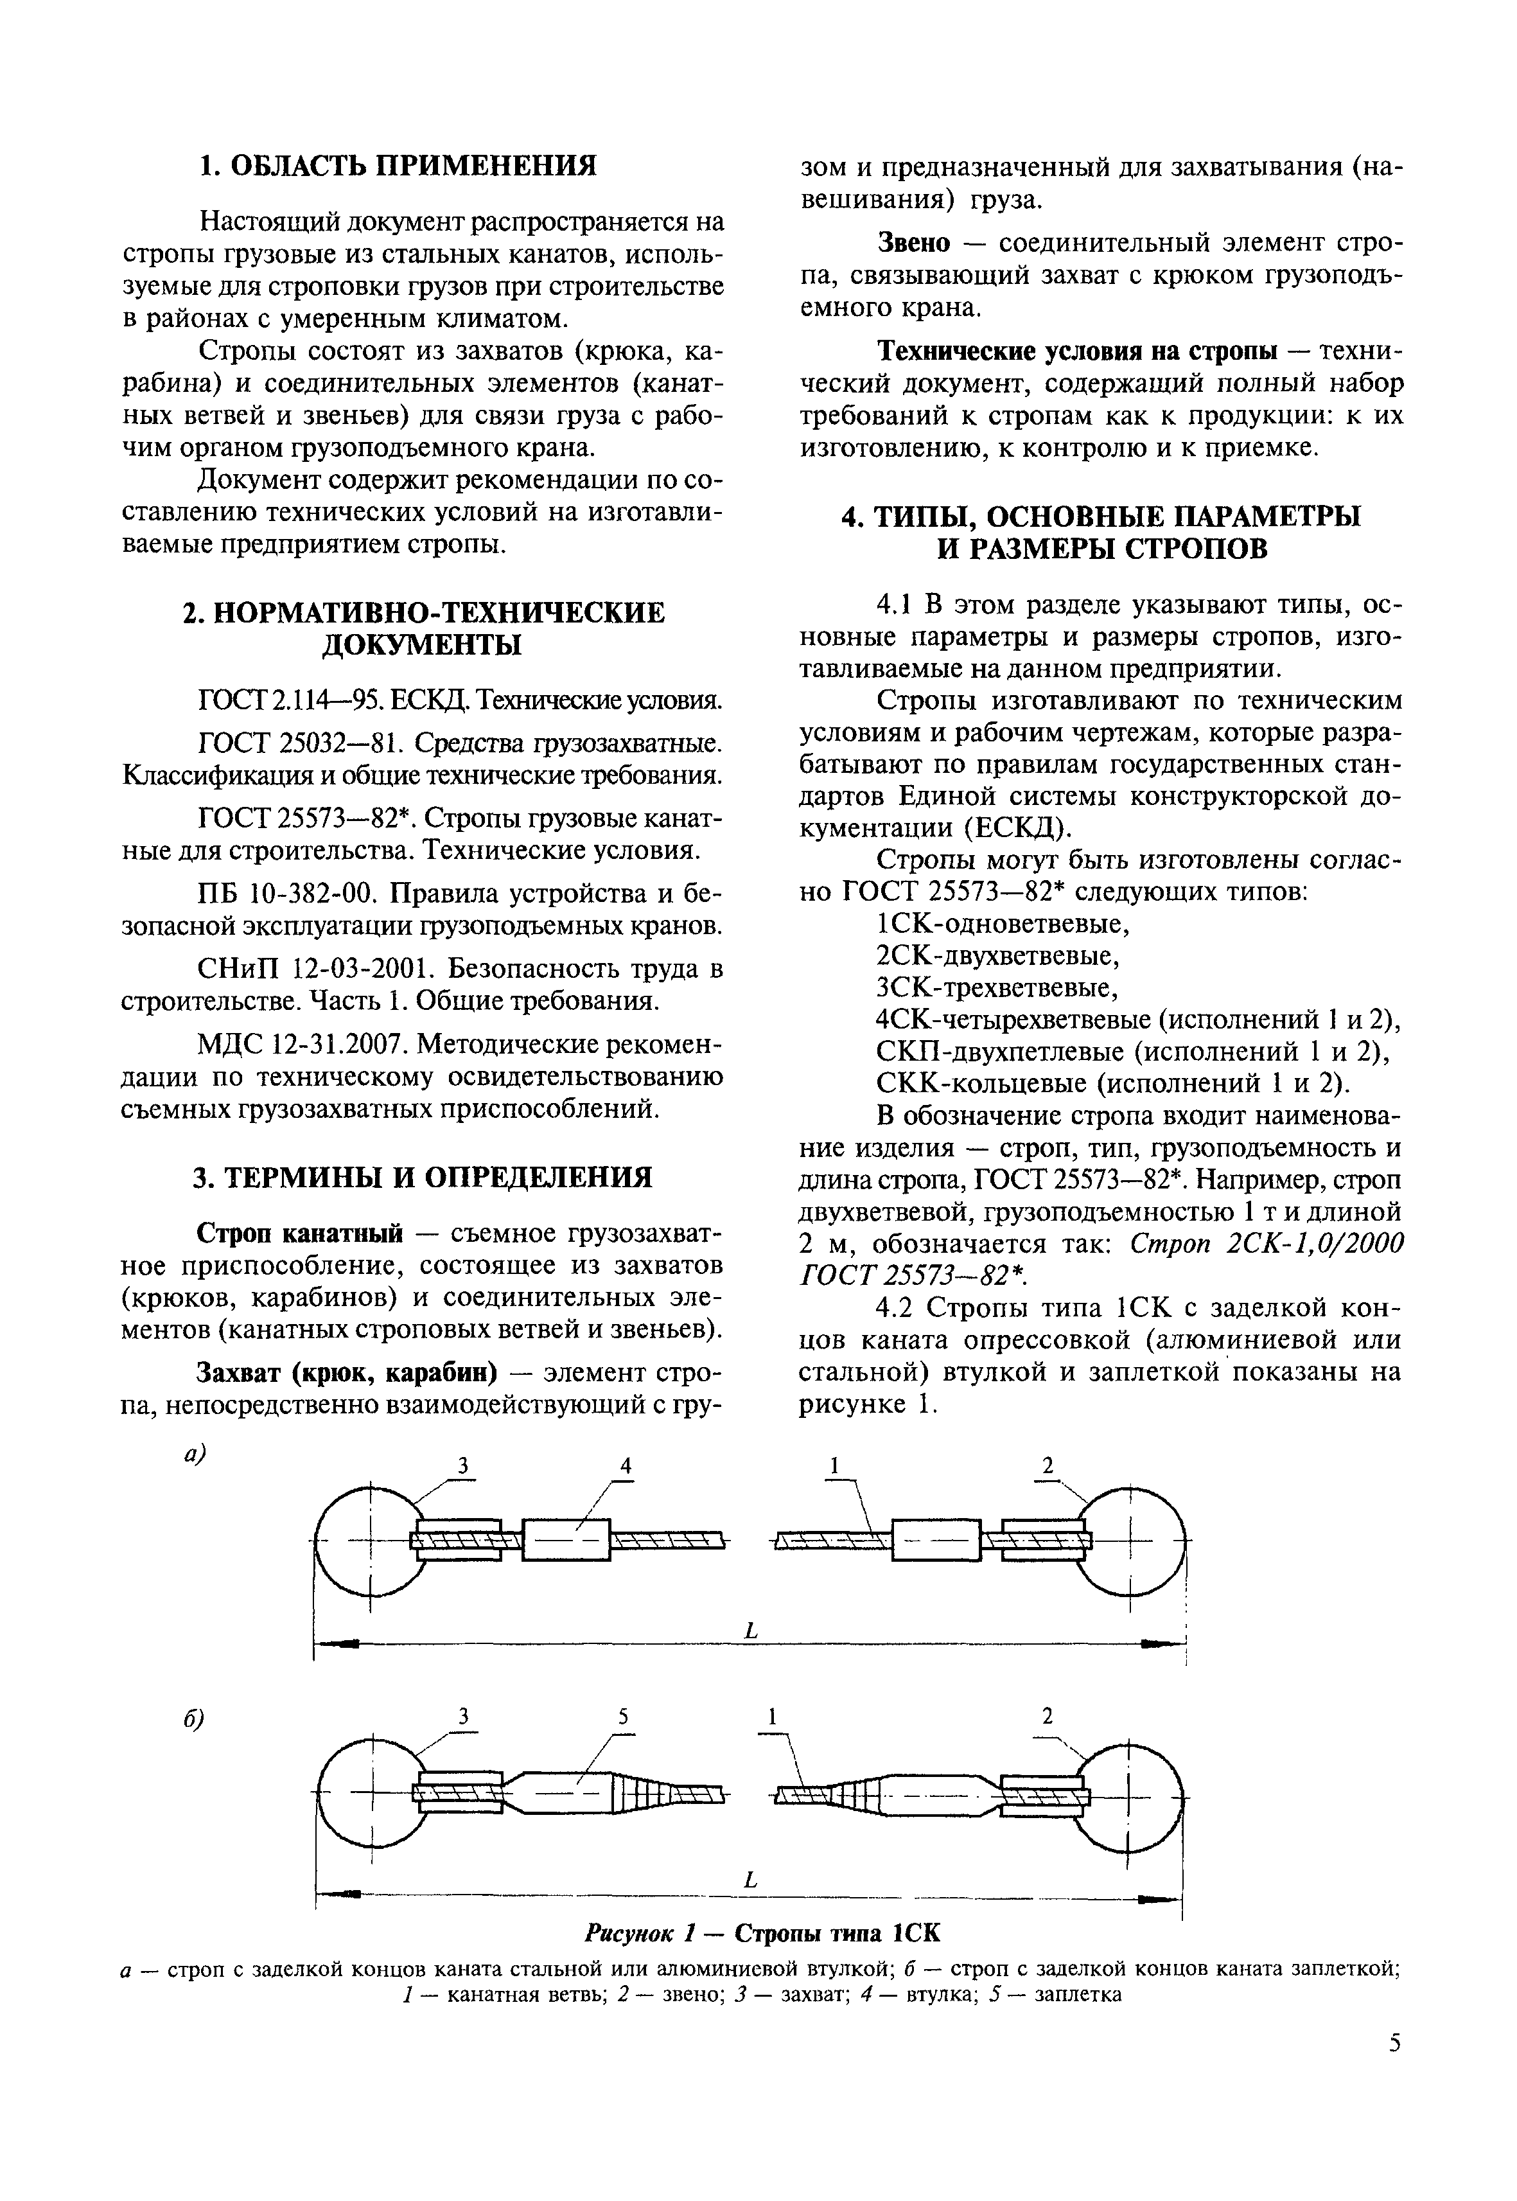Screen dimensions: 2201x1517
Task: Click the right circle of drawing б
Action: coord(1129,1797)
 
